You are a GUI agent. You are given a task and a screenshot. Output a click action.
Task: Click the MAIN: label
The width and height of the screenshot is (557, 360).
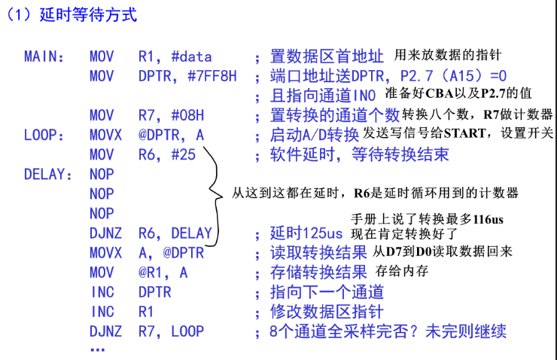point(44,56)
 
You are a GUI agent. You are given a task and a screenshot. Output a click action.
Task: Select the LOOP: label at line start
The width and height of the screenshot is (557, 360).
point(44,135)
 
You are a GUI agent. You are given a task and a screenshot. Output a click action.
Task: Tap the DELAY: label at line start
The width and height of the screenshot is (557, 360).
point(48,175)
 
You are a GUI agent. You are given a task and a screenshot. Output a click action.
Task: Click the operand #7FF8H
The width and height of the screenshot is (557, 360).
point(212,76)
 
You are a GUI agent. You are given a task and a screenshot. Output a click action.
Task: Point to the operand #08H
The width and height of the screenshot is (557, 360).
point(187,115)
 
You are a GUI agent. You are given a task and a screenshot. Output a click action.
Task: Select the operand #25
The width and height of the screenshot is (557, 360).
point(184,154)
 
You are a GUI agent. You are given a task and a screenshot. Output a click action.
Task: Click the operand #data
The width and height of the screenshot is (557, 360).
point(191,56)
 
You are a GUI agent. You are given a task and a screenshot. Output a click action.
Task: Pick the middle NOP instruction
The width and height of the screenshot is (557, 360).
point(102,194)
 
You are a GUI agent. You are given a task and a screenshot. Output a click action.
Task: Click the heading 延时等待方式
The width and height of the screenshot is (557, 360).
point(88,15)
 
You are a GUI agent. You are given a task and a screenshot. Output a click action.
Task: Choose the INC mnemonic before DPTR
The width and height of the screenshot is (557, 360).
point(102,292)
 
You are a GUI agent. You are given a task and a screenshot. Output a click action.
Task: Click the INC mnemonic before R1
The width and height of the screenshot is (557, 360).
point(102,312)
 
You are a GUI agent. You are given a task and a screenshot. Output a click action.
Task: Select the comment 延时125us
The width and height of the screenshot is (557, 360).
point(306,233)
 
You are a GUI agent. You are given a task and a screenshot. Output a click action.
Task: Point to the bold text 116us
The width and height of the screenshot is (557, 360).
point(488,219)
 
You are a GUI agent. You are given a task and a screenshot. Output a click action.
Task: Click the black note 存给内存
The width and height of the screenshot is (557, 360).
point(402,271)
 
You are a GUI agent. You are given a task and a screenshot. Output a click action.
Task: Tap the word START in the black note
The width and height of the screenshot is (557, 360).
point(464,133)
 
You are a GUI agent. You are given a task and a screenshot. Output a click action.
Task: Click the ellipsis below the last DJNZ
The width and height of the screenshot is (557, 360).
point(97,350)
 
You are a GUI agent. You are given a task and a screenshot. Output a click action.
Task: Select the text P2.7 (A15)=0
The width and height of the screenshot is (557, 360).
point(453,76)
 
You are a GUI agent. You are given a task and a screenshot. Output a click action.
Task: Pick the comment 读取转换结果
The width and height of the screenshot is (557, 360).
point(318,252)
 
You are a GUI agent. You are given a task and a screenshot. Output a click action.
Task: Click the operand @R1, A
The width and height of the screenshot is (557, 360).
point(163,273)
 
